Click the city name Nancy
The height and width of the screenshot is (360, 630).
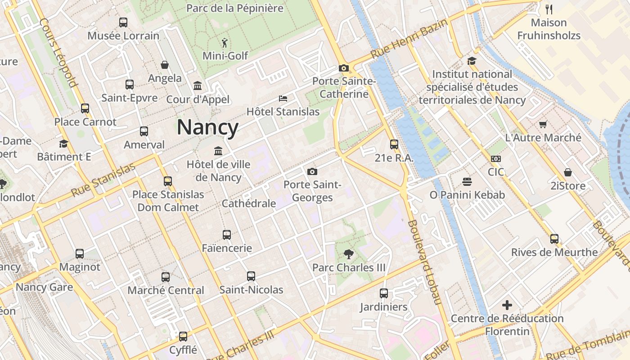coord(207,127)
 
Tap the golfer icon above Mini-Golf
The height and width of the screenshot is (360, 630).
coord(225,43)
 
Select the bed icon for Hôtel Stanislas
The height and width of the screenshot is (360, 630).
coord(283,99)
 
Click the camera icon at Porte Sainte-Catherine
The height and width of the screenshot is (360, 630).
coord(344,68)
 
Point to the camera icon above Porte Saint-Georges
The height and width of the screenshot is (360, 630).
coord(312,171)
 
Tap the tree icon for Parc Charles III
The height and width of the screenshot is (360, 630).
coord(348,254)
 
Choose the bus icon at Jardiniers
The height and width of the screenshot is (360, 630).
coord(383,293)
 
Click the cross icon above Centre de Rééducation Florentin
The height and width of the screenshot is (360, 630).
coord(507,306)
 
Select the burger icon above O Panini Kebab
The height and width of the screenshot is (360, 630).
coord(467,182)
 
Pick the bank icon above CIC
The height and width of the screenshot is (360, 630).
coord(495,159)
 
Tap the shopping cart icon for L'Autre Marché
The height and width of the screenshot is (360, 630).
coord(543,125)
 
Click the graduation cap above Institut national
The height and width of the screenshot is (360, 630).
coord(472,61)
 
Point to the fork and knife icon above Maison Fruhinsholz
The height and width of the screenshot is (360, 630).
coord(549,9)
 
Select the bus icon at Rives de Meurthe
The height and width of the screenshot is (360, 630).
coord(554,239)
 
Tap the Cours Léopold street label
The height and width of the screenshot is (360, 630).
coord(58,52)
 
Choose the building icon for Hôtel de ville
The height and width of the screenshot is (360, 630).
coord(218,151)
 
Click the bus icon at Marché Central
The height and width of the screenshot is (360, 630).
coord(166,277)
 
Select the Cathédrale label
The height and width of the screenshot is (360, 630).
coord(249,203)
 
